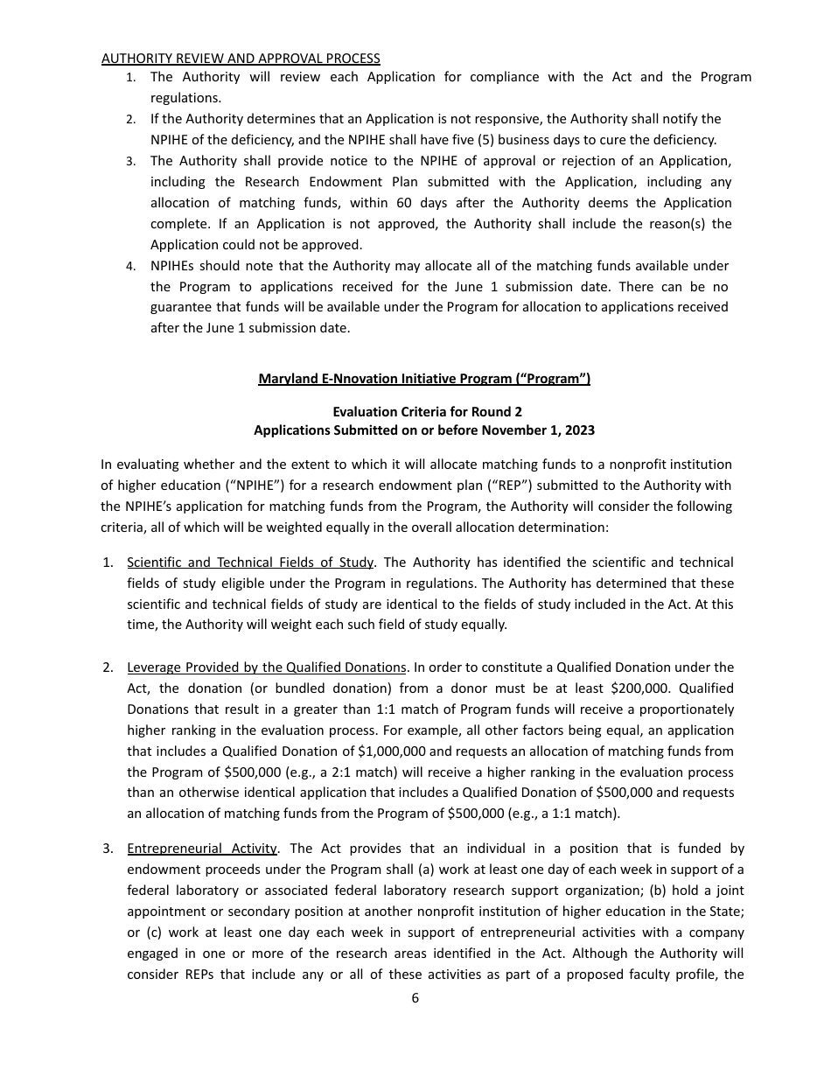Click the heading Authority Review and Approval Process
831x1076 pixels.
click(241, 59)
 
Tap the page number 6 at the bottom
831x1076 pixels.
click(415, 998)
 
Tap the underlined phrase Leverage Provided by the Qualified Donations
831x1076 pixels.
click(266, 667)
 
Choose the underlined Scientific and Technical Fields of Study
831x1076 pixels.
click(250, 562)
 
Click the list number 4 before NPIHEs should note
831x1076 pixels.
click(129, 266)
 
